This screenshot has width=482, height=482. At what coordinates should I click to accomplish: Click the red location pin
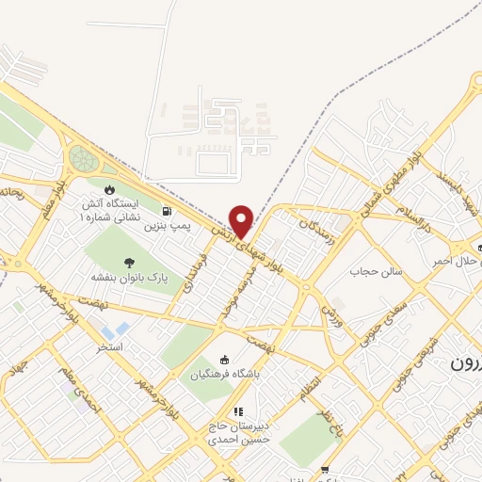click(x=242, y=220)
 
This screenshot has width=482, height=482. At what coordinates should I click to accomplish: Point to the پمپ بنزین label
click(x=167, y=226)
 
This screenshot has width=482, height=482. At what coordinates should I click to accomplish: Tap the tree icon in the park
click(x=128, y=263)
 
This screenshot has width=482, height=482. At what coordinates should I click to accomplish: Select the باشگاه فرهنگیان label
click(x=224, y=374)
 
